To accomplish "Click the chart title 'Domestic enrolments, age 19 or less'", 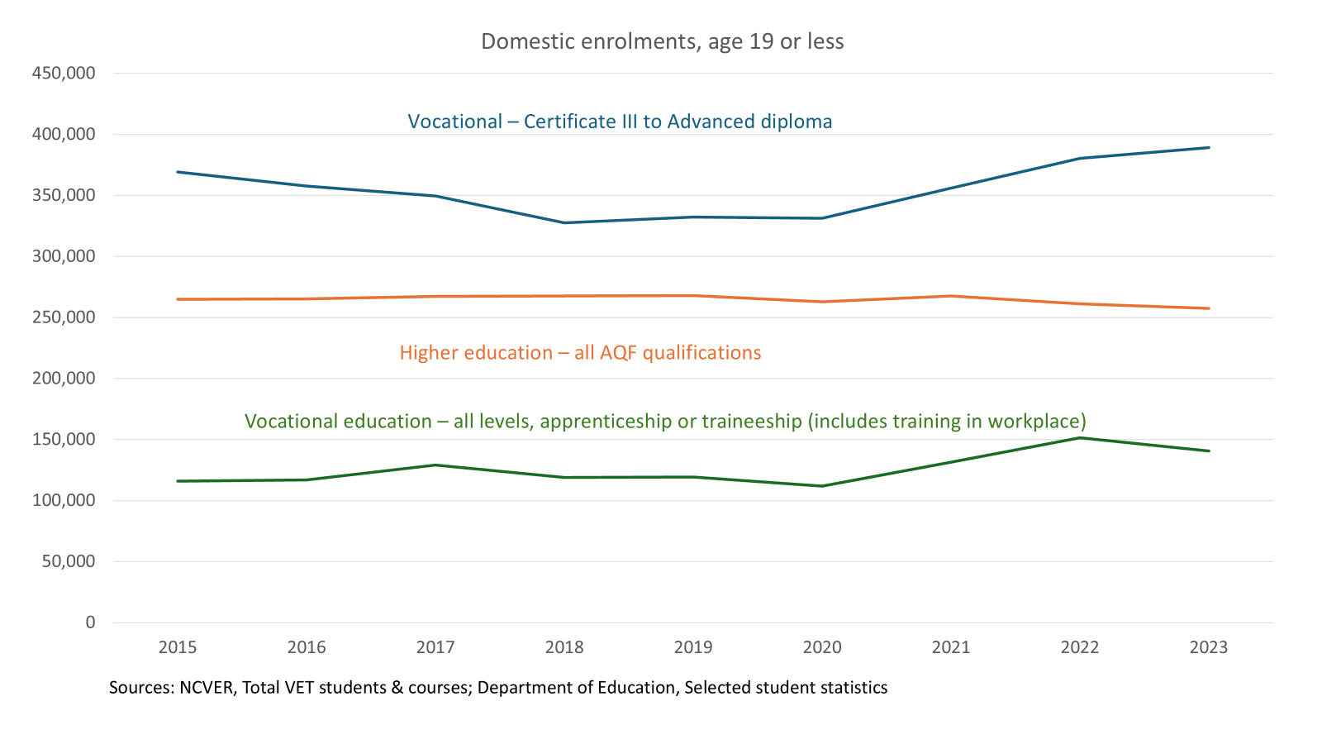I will tap(662, 41).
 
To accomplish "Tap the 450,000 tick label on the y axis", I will tap(64, 73).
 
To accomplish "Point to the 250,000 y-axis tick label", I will tap(64, 317).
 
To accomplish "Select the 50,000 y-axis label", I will tap(69, 561).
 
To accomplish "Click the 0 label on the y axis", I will tap(90, 622).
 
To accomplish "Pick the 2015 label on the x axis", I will tap(178, 647).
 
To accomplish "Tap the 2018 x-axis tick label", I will tap(564, 647).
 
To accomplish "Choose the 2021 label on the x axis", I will tap(951, 647).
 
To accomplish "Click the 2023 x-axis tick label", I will tap(1209, 647).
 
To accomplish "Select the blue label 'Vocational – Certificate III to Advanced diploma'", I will tap(620, 122).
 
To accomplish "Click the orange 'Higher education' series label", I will tap(580, 353).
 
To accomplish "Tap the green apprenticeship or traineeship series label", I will tap(665, 422).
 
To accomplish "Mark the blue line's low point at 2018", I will tap(564, 222).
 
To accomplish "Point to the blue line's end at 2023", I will tap(1209, 148).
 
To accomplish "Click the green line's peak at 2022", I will tap(1080, 437).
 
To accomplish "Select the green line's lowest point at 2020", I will tap(822, 486).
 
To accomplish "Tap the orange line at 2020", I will tap(822, 302).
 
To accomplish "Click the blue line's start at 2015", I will tap(178, 172).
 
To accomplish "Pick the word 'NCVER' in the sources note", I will tap(206, 688).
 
